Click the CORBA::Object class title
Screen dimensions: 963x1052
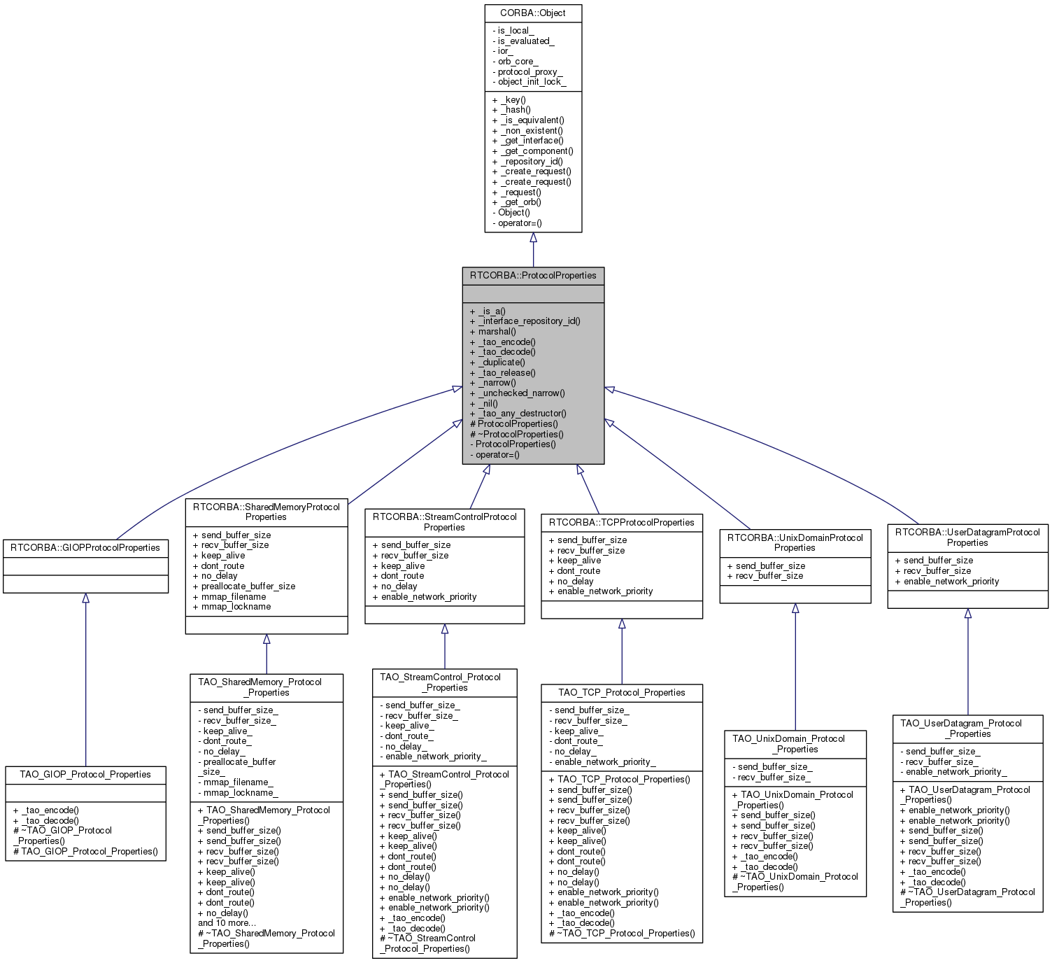click(533, 13)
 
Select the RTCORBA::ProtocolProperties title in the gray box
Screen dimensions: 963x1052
click(533, 276)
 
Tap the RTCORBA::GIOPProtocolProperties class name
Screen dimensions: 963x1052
click(85, 548)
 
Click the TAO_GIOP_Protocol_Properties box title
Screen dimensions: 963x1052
click(85, 775)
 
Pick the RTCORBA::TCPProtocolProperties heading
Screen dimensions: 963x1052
click(621, 523)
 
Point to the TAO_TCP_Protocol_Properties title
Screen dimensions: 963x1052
click(621, 693)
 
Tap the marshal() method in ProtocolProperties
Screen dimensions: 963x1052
click(497, 332)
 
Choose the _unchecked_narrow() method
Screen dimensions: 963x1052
click(521, 393)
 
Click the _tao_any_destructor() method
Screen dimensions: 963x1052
click(522, 414)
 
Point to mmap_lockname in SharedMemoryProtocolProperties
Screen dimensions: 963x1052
click(236, 607)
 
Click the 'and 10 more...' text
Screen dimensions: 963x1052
click(227, 923)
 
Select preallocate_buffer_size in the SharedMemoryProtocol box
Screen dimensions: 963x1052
click(248, 586)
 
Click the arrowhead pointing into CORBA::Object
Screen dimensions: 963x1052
click(533, 238)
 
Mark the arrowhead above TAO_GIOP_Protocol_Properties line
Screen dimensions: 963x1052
click(85, 598)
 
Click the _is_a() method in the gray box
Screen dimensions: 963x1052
click(492, 311)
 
